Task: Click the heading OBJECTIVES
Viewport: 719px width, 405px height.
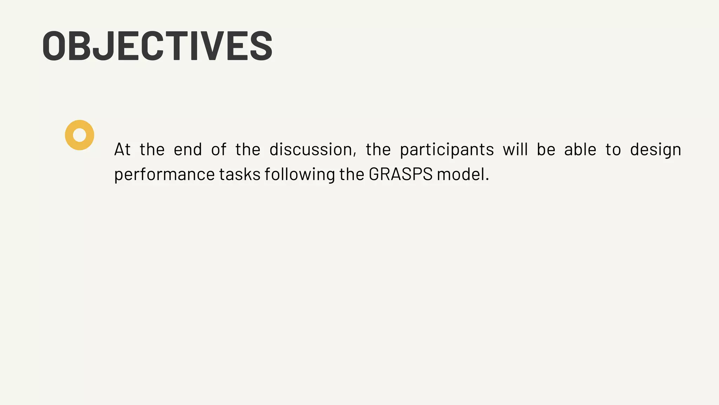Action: click(x=157, y=46)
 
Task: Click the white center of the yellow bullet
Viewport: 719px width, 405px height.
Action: click(x=80, y=135)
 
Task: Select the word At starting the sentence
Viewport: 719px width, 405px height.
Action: click(x=122, y=150)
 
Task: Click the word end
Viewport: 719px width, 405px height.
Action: click(x=188, y=150)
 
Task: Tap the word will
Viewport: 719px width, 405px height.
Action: click(x=515, y=150)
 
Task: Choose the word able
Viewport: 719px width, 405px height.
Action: click(x=580, y=150)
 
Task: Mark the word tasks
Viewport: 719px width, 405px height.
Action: click(x=240, y=174)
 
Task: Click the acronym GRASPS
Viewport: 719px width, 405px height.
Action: click(x=401, y=174)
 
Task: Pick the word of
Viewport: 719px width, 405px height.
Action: click(x=218, y=150)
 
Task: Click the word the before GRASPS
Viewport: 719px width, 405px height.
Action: click(x=352, y=174)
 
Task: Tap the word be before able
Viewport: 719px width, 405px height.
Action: click(x=546, y=150)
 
